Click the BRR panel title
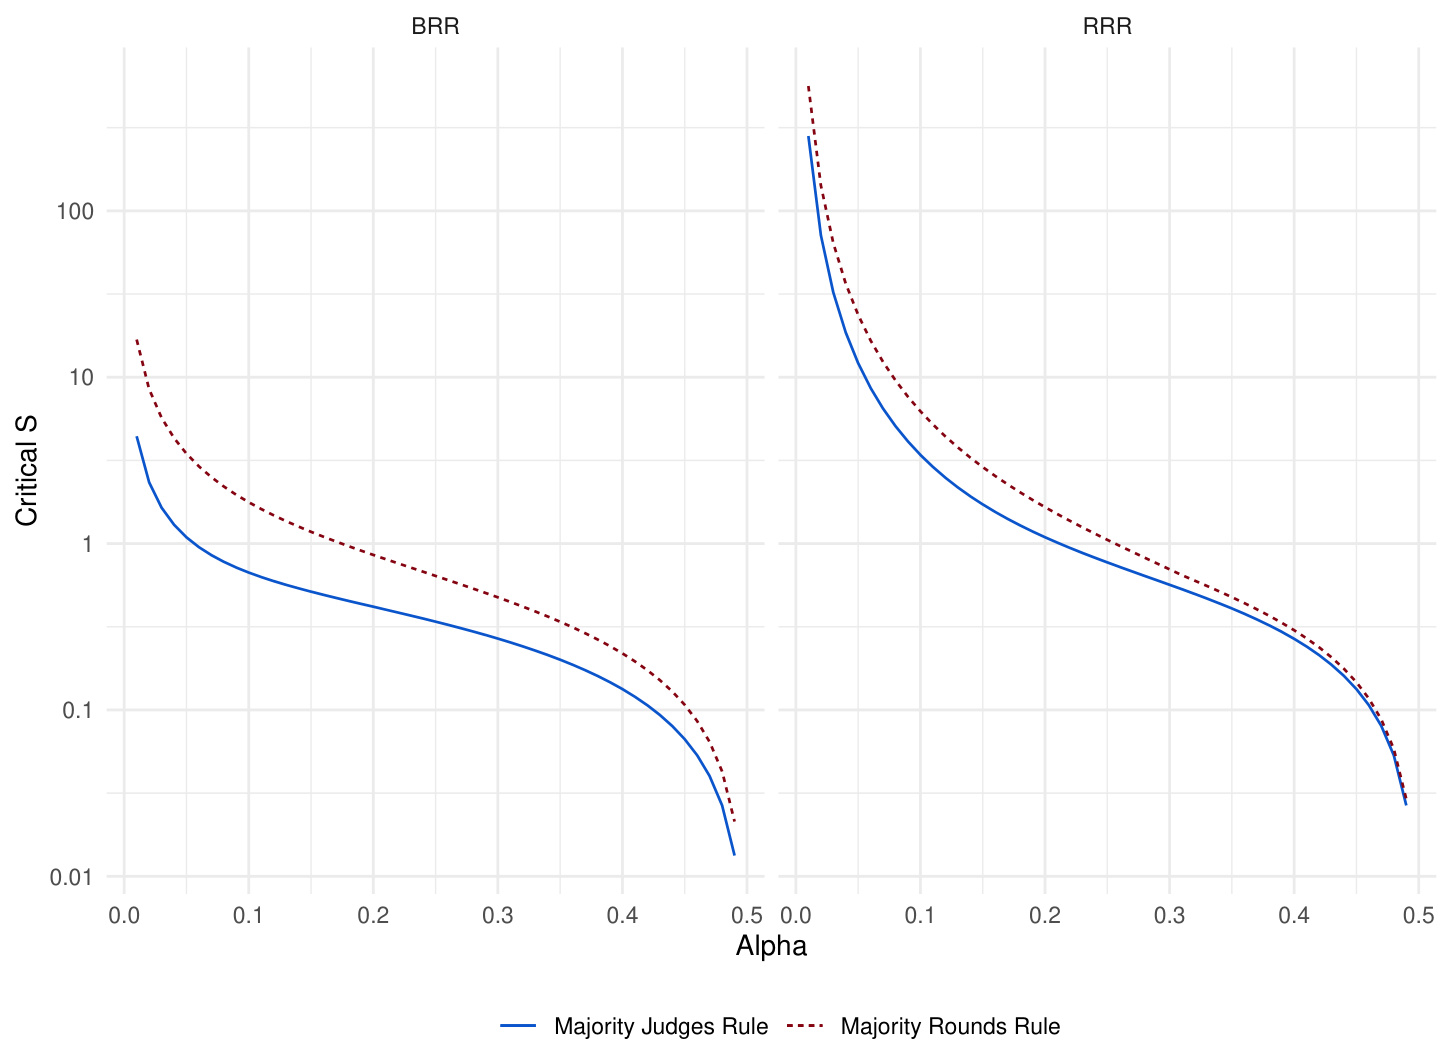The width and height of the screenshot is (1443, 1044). (435, 27)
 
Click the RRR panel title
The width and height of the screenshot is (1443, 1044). (1107, 27)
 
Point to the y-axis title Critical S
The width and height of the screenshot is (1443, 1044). (26, 470)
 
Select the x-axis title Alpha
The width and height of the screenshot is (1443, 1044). (771, 946)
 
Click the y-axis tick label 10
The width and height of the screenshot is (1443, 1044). (81, 378)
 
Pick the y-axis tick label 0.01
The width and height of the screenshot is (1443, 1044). (71, 877)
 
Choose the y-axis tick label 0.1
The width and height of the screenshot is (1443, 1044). (77, 711)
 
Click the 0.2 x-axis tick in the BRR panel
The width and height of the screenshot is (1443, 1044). (373, 916)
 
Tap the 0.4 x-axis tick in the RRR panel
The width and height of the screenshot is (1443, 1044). (1294, 916)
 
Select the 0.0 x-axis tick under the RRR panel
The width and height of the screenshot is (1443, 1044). (795, 916)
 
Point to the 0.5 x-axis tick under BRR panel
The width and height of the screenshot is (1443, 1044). (747, 916)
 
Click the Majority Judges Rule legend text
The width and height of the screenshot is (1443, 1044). (661, 1027)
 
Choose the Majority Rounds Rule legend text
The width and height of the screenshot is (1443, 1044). (950, 1027)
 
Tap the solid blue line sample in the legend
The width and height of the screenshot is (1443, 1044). (519, 1027)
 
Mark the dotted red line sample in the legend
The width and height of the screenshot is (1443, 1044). (806, 1027)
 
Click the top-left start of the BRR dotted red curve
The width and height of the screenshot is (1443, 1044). (137, 340)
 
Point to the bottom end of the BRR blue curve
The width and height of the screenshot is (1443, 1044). (734, 854)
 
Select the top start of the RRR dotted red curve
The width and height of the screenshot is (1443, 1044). (808, 87)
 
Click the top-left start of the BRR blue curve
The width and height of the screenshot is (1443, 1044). (137, 437)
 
